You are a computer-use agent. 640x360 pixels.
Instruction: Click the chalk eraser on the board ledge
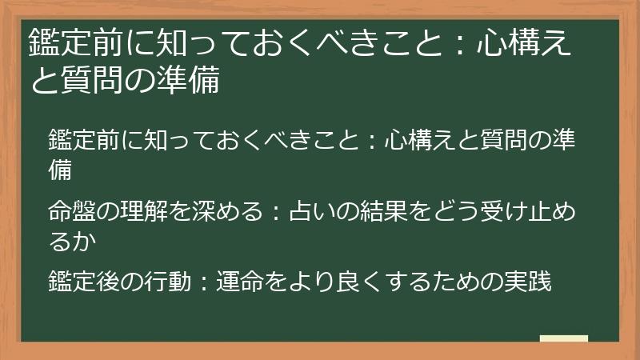pyautogui.click(x=563, y=339)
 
